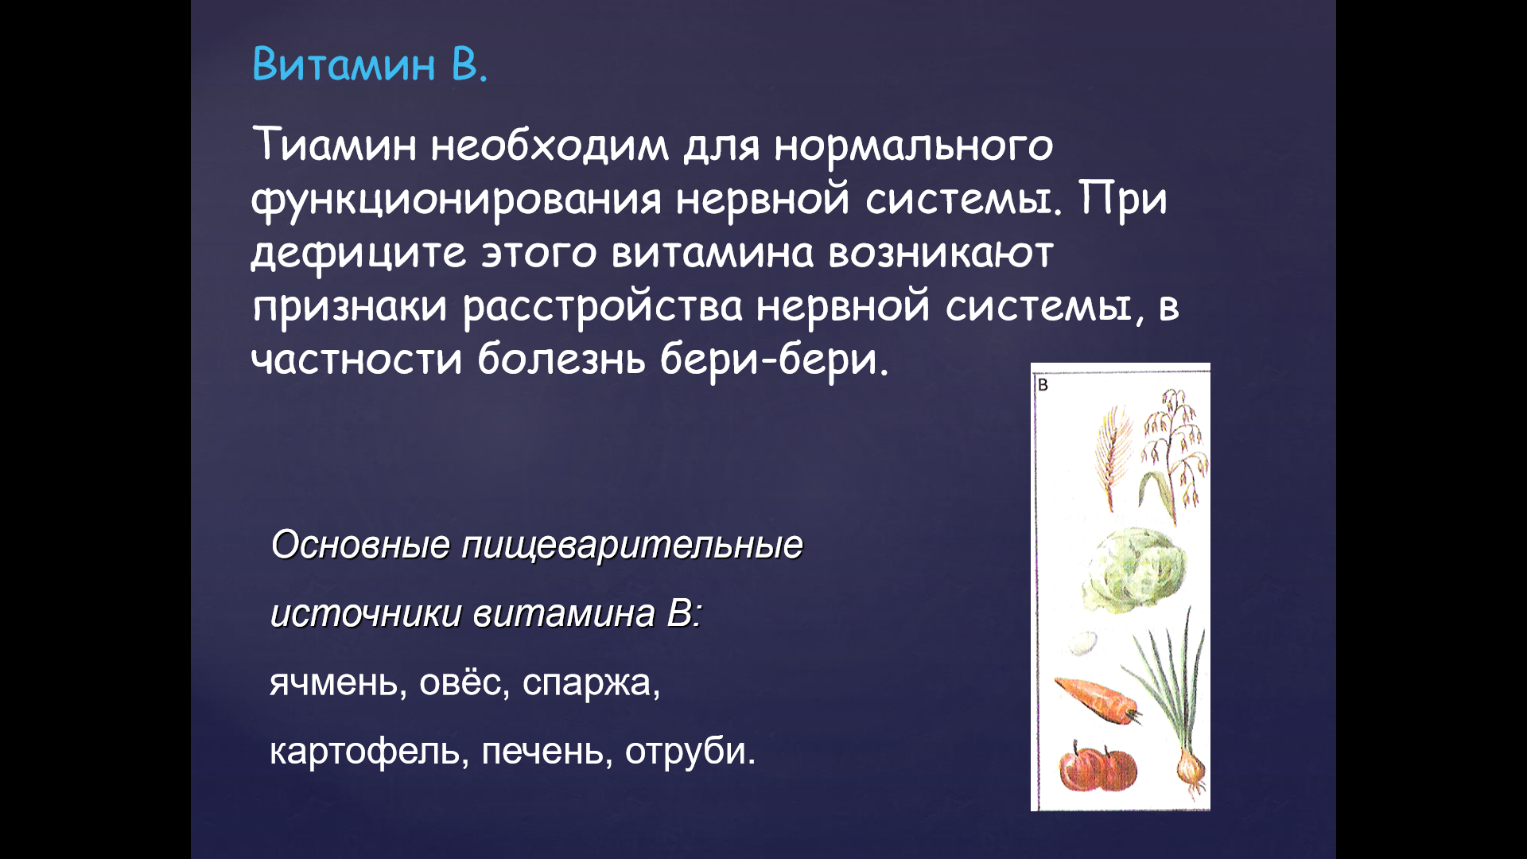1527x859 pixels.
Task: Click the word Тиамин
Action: click(x=335, y=145)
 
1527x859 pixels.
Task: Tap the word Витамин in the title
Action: click(x=344, y=64)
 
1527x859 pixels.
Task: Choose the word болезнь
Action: click(x=561, y=359)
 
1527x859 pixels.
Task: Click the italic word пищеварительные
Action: click(x=632, y=546)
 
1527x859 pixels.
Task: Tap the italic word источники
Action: click(x=366, y=614)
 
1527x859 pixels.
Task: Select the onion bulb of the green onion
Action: click(x=1191, y=767)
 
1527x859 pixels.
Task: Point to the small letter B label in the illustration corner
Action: click(x=1043, y=386)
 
